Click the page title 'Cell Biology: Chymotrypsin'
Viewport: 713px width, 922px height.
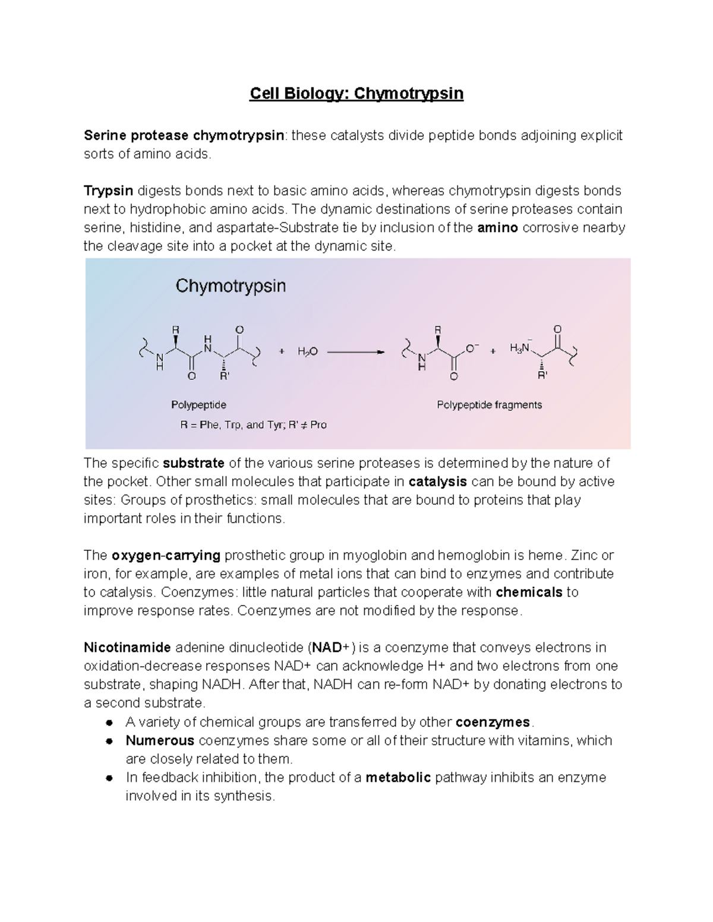356,94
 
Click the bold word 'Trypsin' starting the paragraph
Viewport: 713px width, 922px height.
108,191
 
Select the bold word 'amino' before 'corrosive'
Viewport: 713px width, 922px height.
498,227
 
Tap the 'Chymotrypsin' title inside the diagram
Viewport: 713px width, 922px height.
231,286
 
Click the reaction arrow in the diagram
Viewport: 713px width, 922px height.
356,351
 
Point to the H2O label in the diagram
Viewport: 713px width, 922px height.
308,351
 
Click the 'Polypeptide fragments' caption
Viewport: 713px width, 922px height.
489,405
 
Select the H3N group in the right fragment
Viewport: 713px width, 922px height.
519,349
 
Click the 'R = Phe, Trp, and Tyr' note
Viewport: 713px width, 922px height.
253,425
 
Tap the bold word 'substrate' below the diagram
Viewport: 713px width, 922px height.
193,463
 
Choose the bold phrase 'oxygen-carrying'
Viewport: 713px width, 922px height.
166,556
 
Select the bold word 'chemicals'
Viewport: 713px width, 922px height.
529,593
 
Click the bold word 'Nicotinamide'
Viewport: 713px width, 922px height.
127,648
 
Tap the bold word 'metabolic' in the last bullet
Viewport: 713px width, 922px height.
398,778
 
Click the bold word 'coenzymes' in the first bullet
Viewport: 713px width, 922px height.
493,723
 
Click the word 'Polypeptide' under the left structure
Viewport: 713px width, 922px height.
198,405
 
